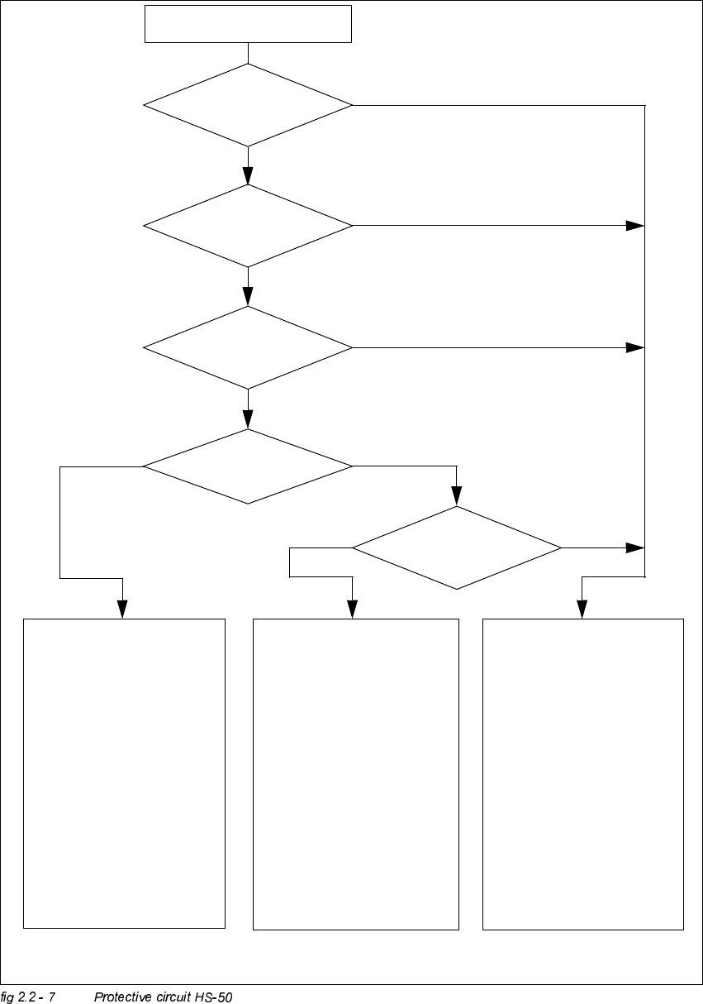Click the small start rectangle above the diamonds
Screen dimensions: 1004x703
click(248, 23)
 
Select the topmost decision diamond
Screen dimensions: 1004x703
click(248, 105)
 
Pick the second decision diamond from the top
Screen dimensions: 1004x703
click(248, 225)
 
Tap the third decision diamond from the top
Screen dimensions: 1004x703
click(248, 347)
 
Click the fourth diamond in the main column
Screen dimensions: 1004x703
click(248, 466)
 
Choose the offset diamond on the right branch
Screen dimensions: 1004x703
click(457, 547)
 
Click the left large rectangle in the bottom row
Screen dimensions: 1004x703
click(124, 773)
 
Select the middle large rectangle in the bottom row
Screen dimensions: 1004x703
click(355, 773)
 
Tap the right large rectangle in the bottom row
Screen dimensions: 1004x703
click(583, 773)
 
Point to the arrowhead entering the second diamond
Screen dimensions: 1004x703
click(248, 175)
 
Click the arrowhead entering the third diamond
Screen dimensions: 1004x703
click(248, 297)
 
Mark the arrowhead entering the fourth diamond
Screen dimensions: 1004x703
click(248, 419)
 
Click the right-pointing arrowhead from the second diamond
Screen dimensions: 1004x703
click(635, 225)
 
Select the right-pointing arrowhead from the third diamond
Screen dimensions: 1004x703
click(635, 347)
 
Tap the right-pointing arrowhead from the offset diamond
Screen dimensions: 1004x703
click(635, 547)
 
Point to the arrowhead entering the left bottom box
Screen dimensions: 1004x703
click(123, 610)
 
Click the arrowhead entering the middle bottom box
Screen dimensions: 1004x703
click(353, 610)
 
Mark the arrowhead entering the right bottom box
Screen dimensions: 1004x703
click(582, 610)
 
